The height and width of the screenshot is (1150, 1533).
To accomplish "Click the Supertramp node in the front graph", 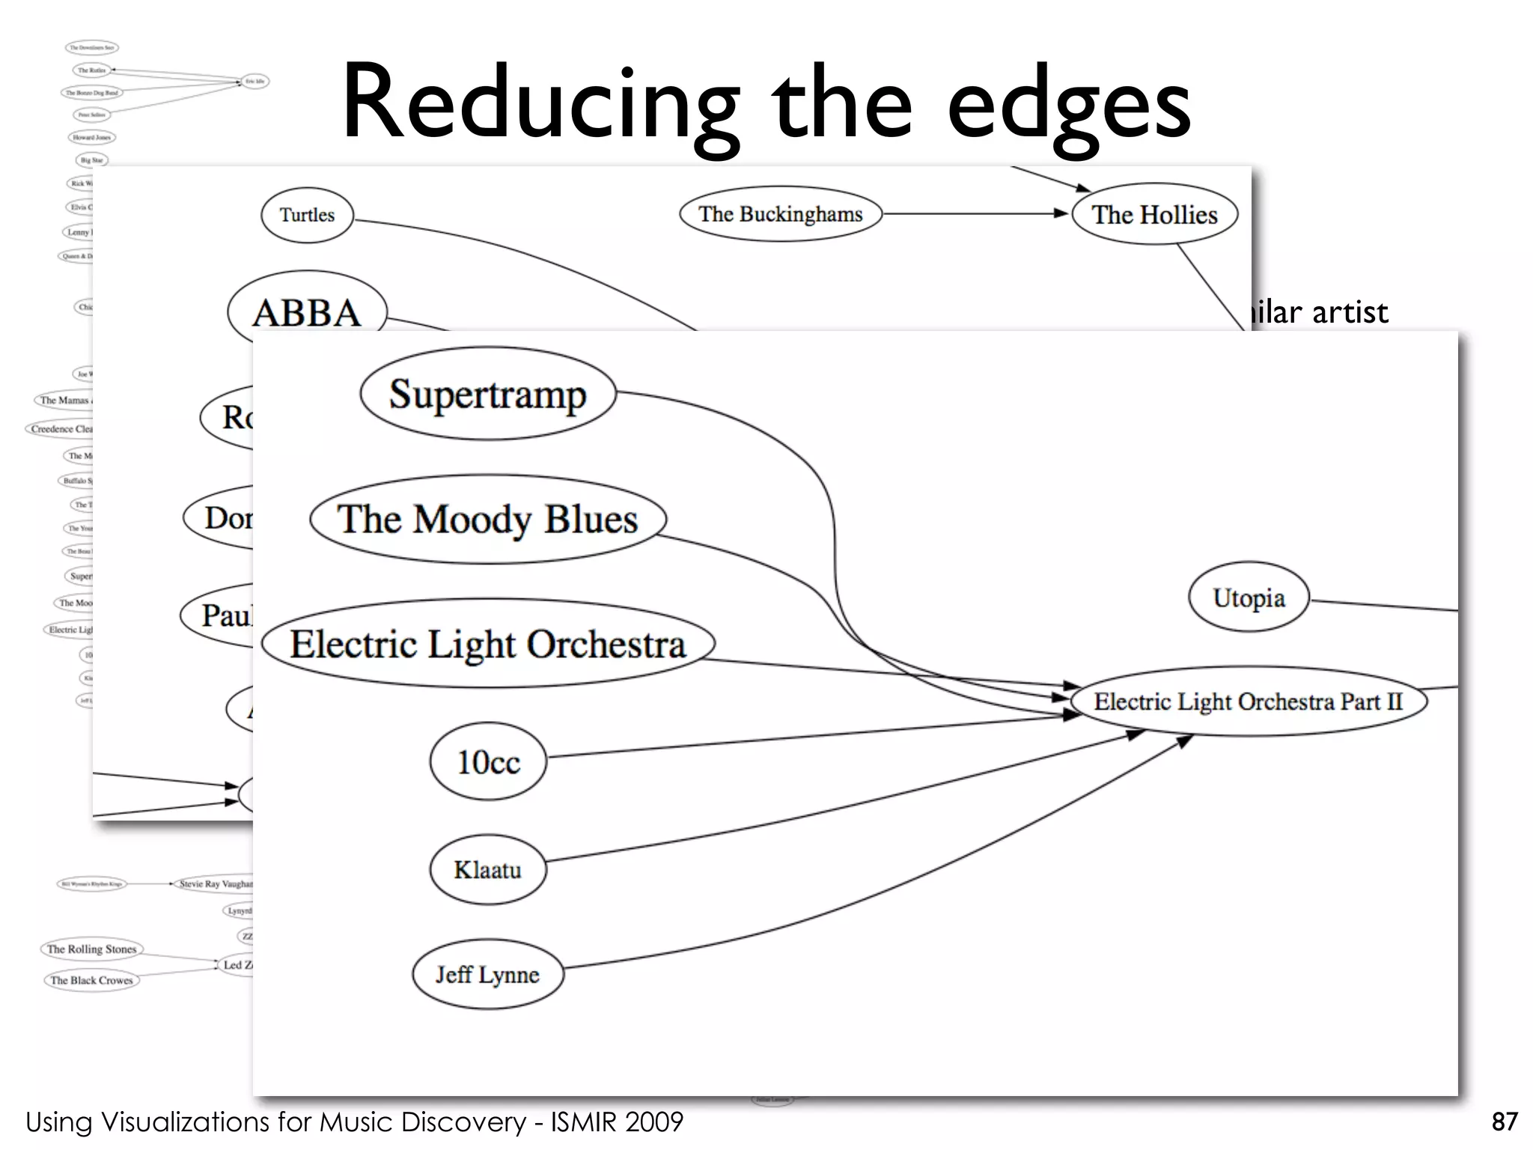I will [x=487, y=394].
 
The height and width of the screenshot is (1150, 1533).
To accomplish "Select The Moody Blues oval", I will [x=487, y=519].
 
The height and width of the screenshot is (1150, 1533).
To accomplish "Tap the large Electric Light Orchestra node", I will [x=487, y=644].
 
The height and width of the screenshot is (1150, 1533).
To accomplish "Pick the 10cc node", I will [x=488, y=761].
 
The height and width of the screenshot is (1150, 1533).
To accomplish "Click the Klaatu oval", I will [x=487, y=869].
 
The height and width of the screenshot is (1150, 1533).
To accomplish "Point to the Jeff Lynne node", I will [x=487, y=974].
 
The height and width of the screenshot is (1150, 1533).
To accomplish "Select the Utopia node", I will [x=1249, y=597].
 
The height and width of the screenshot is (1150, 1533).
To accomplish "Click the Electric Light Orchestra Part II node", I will [x=1248, y=702].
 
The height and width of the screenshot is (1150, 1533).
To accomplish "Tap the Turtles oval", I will [x=307, y=215].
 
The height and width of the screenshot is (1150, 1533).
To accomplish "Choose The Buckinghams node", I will [x=780, y=214].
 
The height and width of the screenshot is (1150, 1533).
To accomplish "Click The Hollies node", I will [x=1154, y=215].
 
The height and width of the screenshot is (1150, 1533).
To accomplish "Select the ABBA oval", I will [x=307, y=312].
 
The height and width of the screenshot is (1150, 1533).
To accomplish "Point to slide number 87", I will [x=1504, y=1122].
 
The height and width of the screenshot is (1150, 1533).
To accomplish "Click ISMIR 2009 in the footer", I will [x=617, y=1122].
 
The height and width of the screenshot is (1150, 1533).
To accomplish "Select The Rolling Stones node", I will [x=91, y=949].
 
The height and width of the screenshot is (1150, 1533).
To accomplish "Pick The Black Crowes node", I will [x=91, y=980].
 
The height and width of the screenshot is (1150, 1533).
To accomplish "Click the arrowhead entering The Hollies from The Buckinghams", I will [x=1061, y=213].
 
